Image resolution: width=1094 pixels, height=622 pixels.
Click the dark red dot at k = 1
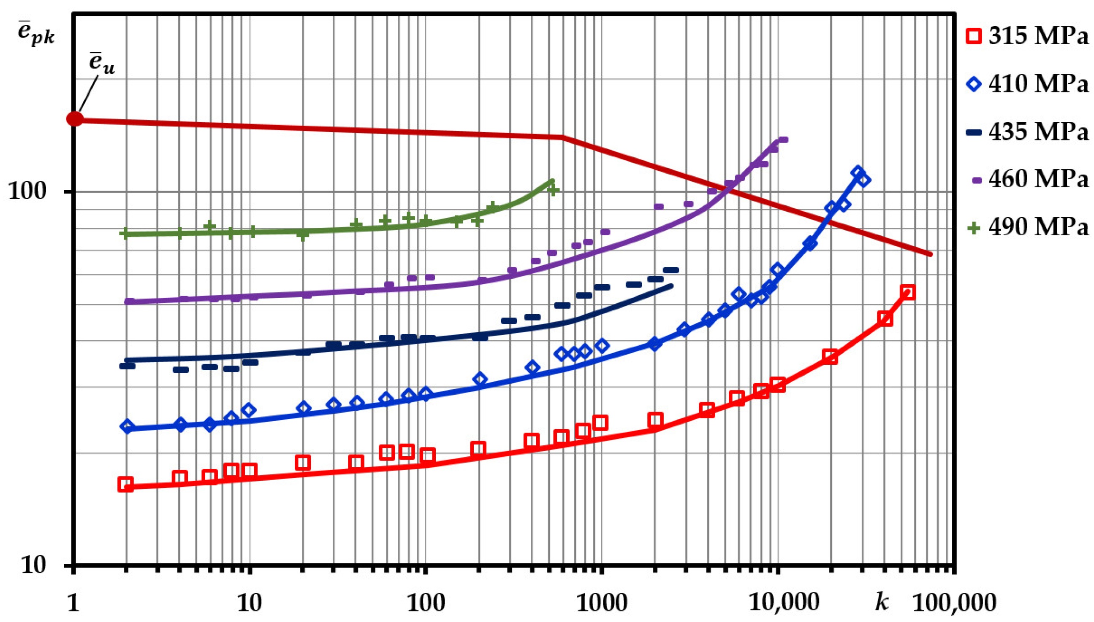(75, 119)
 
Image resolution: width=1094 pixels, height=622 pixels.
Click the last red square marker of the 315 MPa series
(907, 293)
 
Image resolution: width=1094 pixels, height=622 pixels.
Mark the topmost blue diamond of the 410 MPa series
(857, 172)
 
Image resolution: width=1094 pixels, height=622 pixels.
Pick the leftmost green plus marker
(125, 233)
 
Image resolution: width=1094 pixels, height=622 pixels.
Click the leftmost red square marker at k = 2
(125, 485)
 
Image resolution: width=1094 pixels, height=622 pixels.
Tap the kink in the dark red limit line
(562, 137)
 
